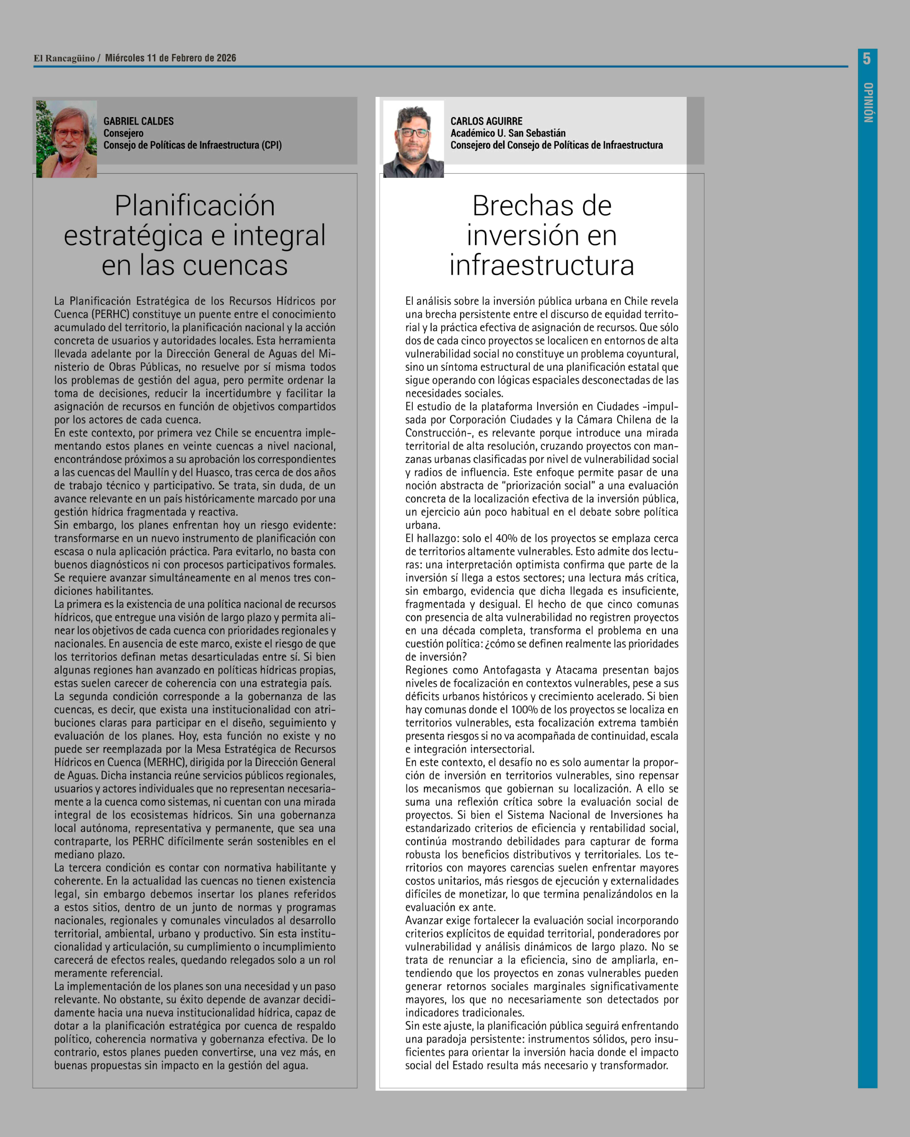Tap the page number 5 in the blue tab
[867, 58]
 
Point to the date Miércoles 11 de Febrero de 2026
[170, 58]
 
